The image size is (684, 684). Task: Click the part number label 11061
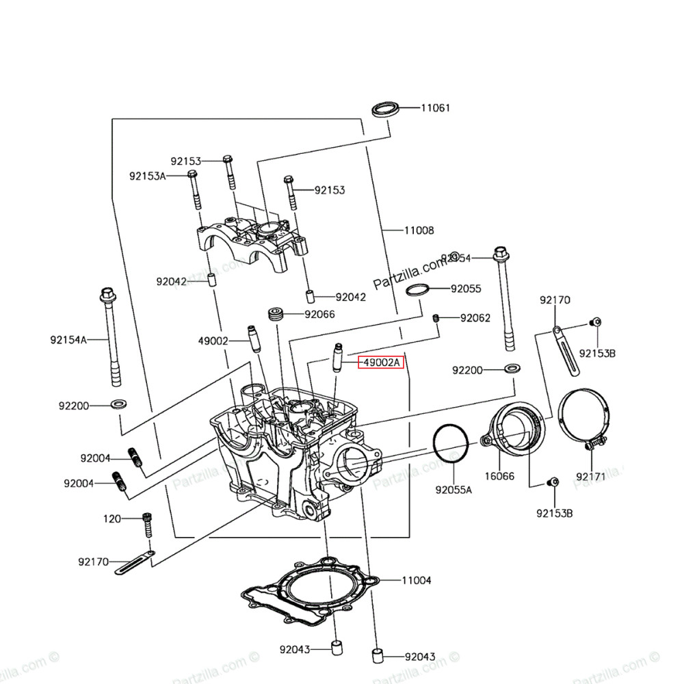(435, 108)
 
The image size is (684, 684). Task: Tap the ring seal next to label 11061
(386, 109)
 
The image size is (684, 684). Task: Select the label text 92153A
(147, 176)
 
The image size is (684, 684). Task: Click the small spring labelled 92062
(436, 317)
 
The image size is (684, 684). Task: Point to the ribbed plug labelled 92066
(276, 315)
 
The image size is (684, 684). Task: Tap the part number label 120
(112, 519)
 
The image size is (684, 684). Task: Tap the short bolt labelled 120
(146, 525)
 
